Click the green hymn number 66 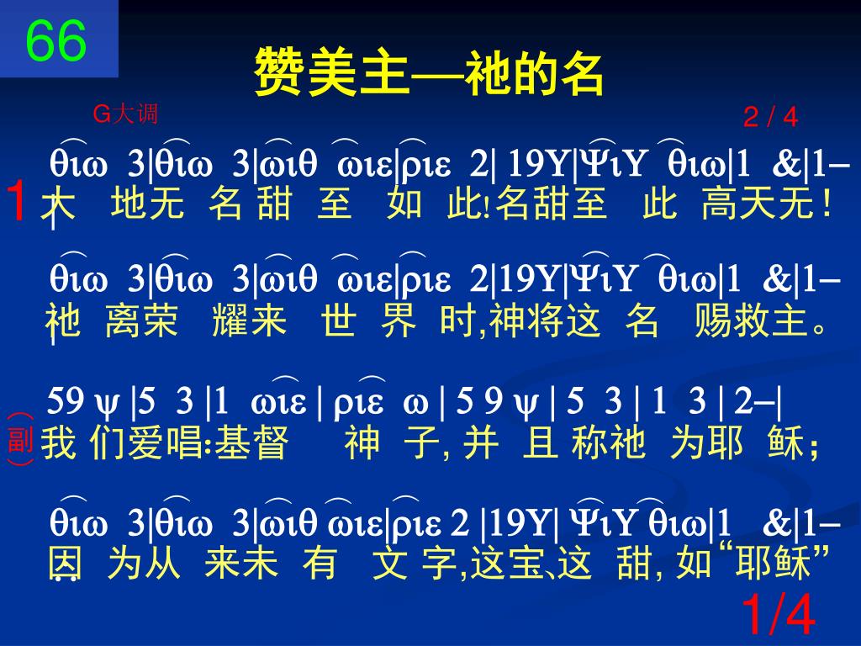coord(56,42)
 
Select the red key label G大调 coord(125,114)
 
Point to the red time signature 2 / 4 coord(770,118)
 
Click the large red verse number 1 coord(18,202)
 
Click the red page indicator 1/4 coord(779,617)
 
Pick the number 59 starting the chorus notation coord(64,402)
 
